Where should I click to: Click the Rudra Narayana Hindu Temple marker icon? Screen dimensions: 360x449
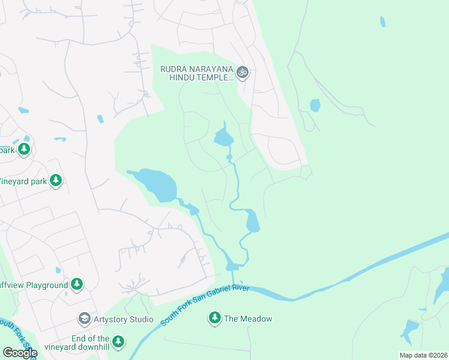click(x=242, y=73)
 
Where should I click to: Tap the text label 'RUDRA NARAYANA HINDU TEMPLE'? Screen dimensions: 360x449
click(x=196, y=73)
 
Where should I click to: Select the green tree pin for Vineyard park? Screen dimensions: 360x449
click(x=56, y=180)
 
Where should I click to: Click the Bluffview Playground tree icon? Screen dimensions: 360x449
click(x=76, y=284)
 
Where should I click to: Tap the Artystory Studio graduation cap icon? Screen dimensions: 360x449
click(x=85, y=318)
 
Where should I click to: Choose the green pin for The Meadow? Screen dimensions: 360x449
click(x=215, y=318)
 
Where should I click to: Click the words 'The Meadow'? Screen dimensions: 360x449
click(x=248, y=319)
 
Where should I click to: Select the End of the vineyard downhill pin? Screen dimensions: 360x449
click(x=118, y=342)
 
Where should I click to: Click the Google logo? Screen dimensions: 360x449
click(x=19, y=352)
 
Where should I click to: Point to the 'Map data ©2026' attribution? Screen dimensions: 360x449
click(x=423, y=355)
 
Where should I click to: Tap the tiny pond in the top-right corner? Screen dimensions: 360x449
click(x=382, y=22)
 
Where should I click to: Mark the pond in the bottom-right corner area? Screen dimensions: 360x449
click(x=410, y=329)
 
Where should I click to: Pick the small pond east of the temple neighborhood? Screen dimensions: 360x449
click(x=315, y=106)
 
